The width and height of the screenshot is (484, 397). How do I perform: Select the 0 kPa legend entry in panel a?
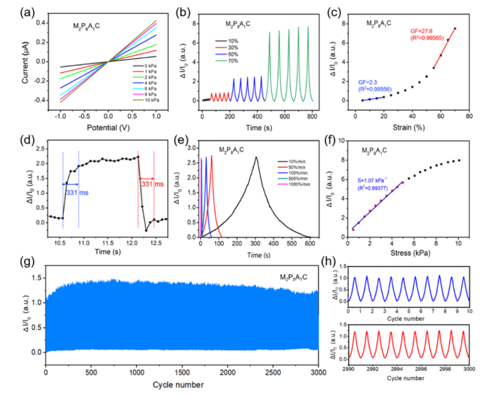(142, 65)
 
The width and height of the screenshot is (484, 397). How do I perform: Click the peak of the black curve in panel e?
(256, 157)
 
